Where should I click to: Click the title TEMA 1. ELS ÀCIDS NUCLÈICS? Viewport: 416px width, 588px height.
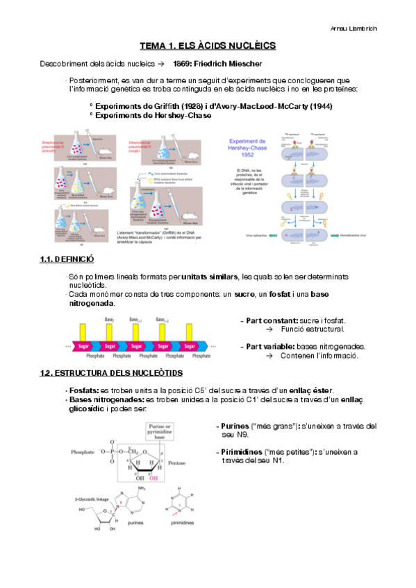point(208,46)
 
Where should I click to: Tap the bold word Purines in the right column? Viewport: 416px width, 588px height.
point(238,426)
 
